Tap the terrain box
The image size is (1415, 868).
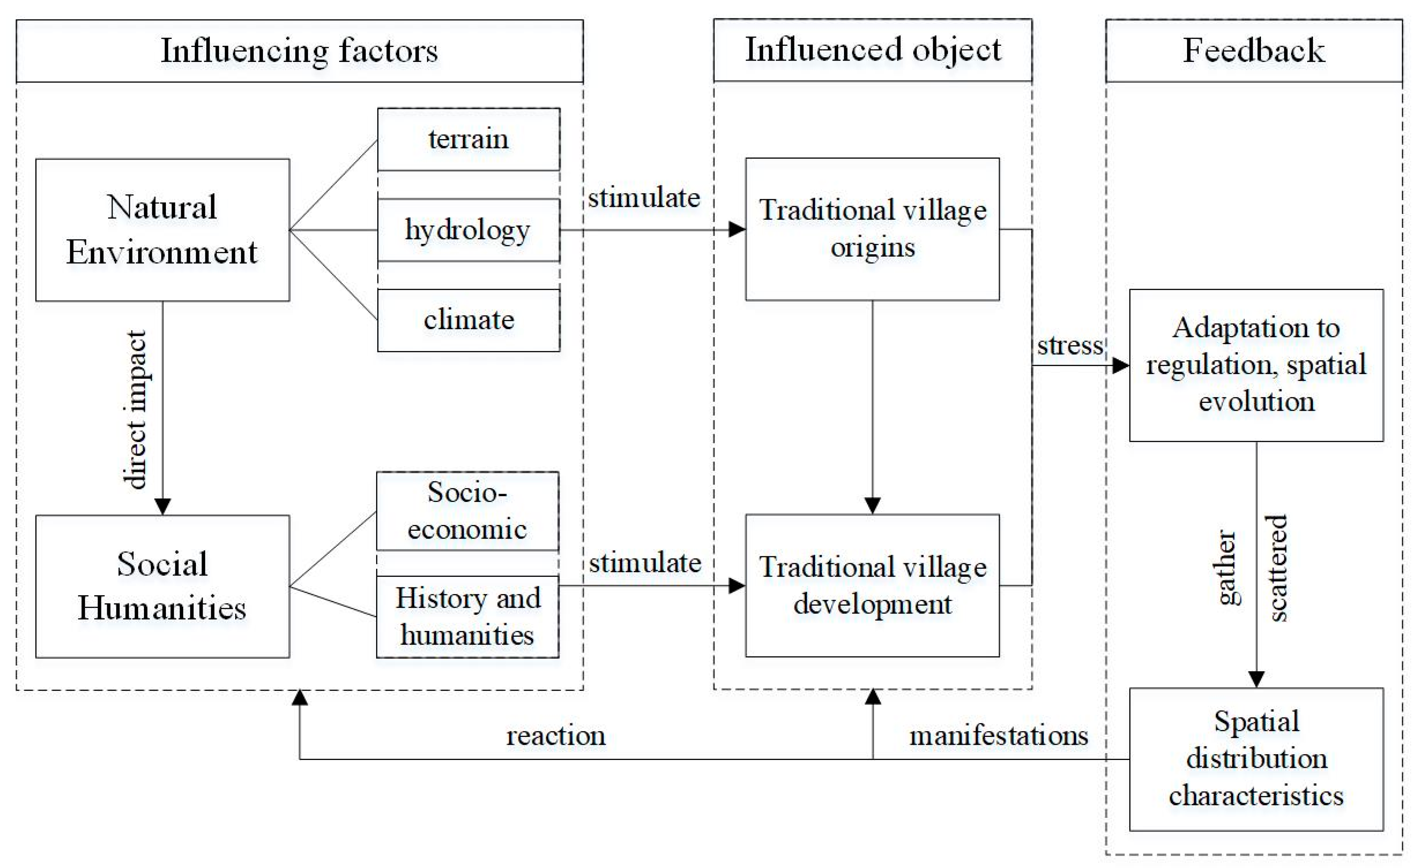468,139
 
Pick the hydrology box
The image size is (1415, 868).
468,230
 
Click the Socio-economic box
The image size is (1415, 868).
467,511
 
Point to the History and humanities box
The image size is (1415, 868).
467,616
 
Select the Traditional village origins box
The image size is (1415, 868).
872,229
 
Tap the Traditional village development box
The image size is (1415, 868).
872,586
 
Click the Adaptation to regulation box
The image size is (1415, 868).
1256,365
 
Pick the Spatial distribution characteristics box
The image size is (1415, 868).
1256,759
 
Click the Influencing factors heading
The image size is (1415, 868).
299,50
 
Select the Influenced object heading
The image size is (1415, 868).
873,50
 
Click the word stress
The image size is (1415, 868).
1070,346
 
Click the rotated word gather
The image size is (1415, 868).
1227,567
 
